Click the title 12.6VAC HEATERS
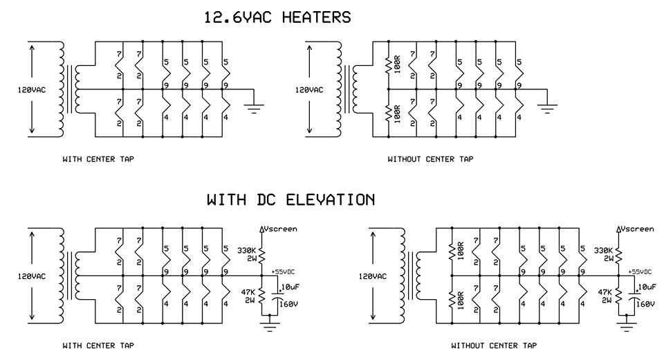click(277, 17)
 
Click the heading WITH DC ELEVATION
click(291, 200)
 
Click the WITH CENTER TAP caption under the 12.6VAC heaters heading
click(98, 159)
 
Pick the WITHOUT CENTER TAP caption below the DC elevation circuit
click(493, 345)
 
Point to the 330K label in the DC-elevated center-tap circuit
click(246, 250)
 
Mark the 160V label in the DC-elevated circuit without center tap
click(645, 303)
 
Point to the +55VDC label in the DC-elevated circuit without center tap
click(639, 271)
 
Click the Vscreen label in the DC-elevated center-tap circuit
click(281, 228)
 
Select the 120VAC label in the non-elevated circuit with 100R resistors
click(309, 90)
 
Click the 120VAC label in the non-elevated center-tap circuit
click(32, 90)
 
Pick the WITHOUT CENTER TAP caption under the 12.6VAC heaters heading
click(430, 159)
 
